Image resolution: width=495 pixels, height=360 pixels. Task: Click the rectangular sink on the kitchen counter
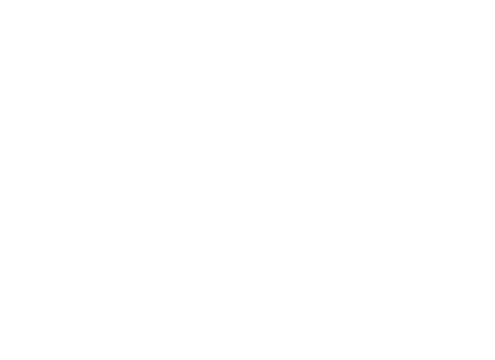tap(230, 235)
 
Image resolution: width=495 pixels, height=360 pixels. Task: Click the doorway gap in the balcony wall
tap(179, 308)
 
